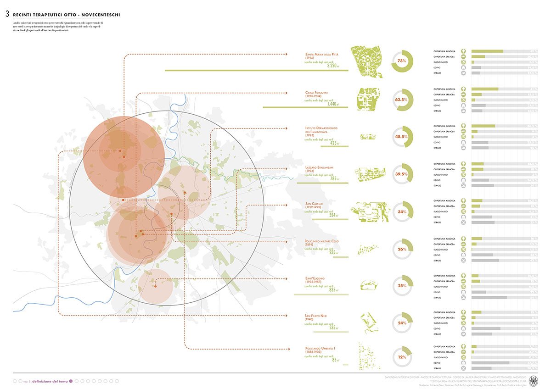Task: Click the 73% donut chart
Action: coord(402,61)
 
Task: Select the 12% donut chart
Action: coord(402,356)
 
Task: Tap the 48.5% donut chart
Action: coord(402,137)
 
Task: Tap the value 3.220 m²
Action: coord(332,66)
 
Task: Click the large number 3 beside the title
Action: coord(7,15)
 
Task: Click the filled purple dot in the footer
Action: coord(71,381)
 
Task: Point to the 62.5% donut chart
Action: coord(402,99)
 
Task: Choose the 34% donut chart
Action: coord(402,212)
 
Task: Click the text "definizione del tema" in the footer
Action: coord(49,381)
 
